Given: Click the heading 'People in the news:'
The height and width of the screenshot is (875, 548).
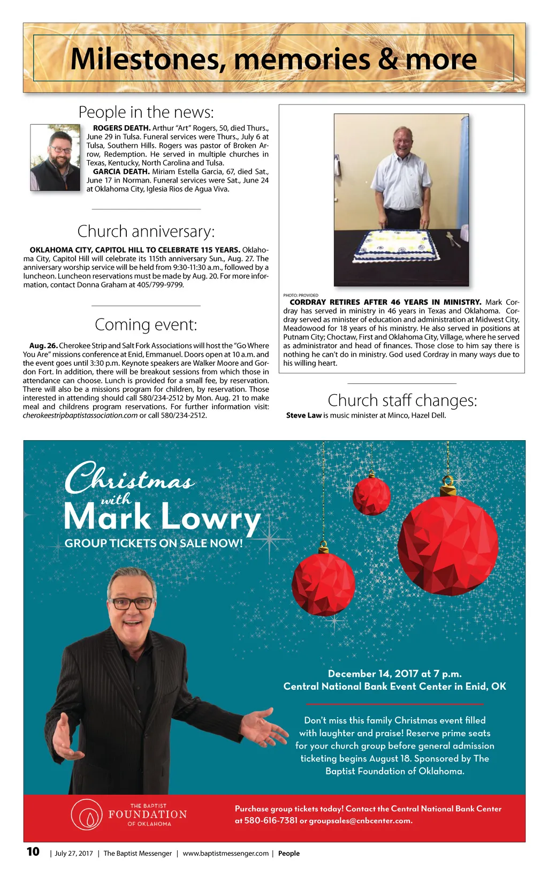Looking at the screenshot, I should tap(146, 112).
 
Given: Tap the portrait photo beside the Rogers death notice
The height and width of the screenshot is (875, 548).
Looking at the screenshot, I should tap(55, 157).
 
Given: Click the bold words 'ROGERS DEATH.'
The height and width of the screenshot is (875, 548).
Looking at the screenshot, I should tap(121, 128).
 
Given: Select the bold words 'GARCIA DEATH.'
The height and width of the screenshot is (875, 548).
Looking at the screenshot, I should tap(121, 171).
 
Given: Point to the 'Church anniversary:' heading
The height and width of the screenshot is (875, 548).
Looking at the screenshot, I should tap(146, 231).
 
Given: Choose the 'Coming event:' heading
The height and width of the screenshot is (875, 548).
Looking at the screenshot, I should tap(146, 325).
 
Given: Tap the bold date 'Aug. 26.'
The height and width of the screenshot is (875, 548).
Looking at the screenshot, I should tap(43, 346).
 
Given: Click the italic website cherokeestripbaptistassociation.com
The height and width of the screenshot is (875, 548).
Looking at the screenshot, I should tap(80, 416).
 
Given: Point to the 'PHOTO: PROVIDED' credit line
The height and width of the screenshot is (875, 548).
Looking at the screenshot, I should tap(300, 295).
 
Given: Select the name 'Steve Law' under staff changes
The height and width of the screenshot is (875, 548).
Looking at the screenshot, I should tap(303, 416).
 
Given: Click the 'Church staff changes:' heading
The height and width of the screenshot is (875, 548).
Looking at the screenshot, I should tap(402, 401).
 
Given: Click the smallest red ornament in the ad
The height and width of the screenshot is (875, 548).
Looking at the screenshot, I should tap(372, 495).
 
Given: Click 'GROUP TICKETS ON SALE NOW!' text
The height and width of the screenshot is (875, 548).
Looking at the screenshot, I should tap(154, 543).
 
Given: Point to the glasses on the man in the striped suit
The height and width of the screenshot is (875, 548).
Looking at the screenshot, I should tap(132, 604).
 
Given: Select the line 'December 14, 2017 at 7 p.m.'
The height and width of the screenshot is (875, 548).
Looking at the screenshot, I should tap(394, 674).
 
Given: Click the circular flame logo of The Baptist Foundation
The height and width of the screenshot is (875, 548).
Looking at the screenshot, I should tap(86, 814).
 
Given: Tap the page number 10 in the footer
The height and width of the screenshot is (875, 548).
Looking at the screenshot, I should tap(33, 852).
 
